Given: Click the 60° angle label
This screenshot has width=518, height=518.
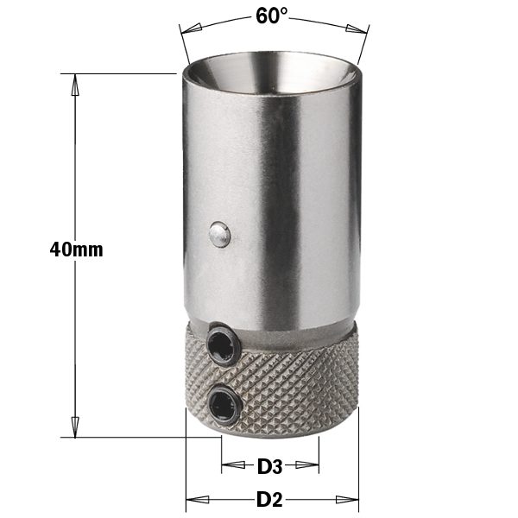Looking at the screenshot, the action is click(x=272, y=16).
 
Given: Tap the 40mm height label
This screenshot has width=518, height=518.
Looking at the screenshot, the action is click(x=76, y=250).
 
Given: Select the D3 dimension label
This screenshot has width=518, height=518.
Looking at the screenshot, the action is click(x=270, y=467).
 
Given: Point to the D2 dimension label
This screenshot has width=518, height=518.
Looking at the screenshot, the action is click(x=270, y=500).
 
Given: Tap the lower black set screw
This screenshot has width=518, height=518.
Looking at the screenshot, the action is click(x=224, y=402).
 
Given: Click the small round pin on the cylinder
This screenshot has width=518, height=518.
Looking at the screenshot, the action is click(x=219, y=234).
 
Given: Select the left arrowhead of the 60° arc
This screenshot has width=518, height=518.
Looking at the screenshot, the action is click(x=191, y=28).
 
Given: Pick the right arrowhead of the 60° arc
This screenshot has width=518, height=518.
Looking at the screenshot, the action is click(x=357, y=28).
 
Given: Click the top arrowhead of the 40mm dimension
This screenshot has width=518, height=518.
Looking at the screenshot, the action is click(x=75, y=85).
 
